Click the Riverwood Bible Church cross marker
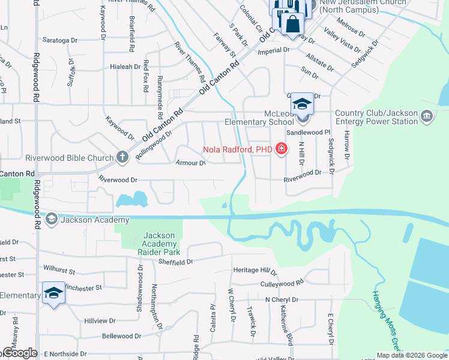122,158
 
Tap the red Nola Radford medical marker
281,149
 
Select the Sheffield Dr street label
175,262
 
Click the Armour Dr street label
191,163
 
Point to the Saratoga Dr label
60,40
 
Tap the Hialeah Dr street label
125,67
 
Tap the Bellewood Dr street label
119,336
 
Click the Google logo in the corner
19,353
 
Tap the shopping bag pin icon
292,24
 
